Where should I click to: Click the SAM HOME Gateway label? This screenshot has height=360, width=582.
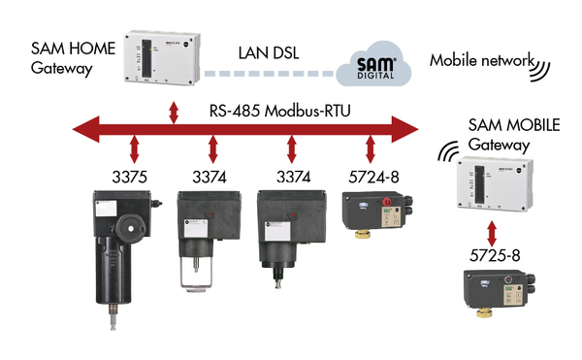click(x=73, y=58)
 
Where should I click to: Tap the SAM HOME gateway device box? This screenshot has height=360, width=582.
click(x=162, y=57)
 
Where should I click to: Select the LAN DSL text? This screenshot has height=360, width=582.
click(x=269, y=53)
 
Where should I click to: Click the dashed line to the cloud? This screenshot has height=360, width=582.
click(x=270, y=74)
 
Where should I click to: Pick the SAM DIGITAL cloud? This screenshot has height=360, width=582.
click(x=373, y=65)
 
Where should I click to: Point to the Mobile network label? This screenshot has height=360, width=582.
click(x=482, y=60)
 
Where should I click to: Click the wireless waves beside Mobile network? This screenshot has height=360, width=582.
click(x=541, y=70)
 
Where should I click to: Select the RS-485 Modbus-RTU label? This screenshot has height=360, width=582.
click(x=280, y=111)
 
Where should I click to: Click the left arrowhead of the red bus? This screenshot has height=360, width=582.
click(x=86, y=129)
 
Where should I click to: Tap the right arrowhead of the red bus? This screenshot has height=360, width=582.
click(x=404, y=129)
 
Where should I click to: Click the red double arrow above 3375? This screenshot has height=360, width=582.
click(x=135, y=149)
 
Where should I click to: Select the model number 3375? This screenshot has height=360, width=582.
click(x=130, y=177)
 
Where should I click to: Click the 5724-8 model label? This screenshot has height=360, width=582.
click(x=373, y=177)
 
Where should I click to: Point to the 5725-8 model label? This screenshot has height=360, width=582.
click(x=495, y=255)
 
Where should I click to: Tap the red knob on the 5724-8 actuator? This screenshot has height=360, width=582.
click(x=387, y=202)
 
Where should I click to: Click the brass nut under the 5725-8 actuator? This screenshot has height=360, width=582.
click(x=484, y=312)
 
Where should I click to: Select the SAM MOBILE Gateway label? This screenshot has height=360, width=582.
click(x=514, y=135)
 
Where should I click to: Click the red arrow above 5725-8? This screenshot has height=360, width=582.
click(x=492, y=234)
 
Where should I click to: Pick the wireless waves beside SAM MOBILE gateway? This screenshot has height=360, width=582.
click(x=447, y=151)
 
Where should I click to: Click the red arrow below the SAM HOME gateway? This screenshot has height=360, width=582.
click(x=174, y=113)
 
